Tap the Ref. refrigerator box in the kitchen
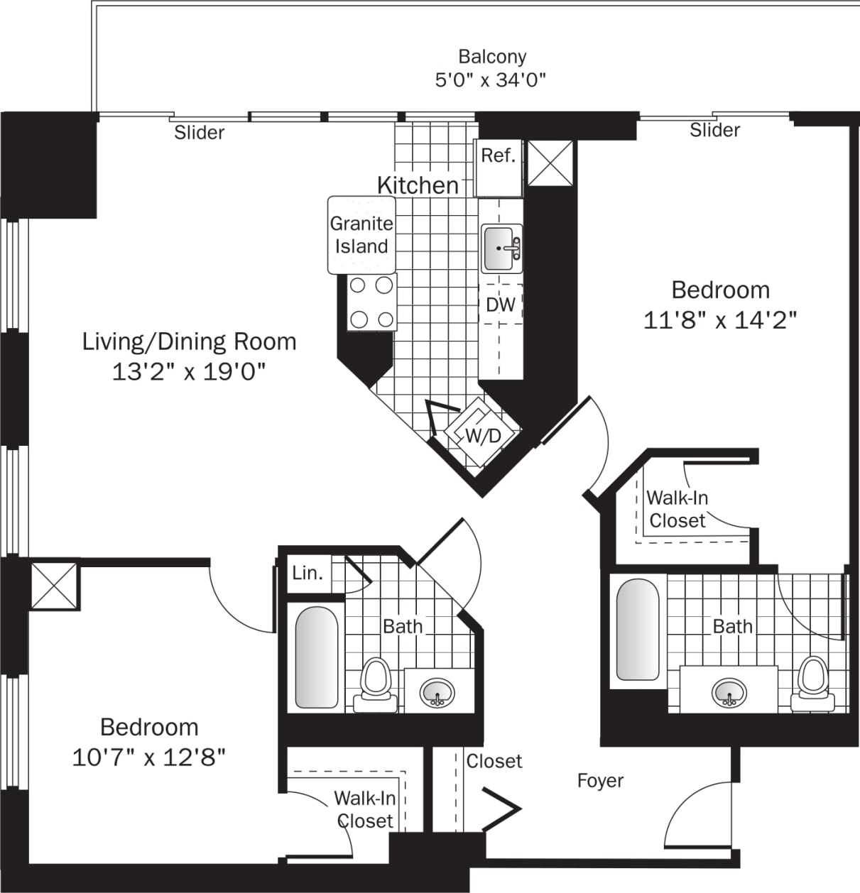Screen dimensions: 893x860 (499, 168)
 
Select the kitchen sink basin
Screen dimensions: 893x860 (501, 248)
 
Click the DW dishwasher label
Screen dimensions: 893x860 (501, 305)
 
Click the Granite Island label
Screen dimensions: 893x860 (361, 235)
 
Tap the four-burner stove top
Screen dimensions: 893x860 (371, 302)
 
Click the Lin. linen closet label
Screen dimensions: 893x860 (307, 573)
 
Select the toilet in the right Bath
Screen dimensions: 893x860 (812, 684)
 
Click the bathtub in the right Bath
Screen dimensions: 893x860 (638, 630)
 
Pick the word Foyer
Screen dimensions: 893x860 (600, 781)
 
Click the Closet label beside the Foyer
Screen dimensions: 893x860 (494, 761)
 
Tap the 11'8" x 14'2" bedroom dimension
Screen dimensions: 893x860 (720, 321)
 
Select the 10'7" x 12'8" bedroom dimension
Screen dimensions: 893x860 (148, 757)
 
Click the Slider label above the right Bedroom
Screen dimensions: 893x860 (715, 130)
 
